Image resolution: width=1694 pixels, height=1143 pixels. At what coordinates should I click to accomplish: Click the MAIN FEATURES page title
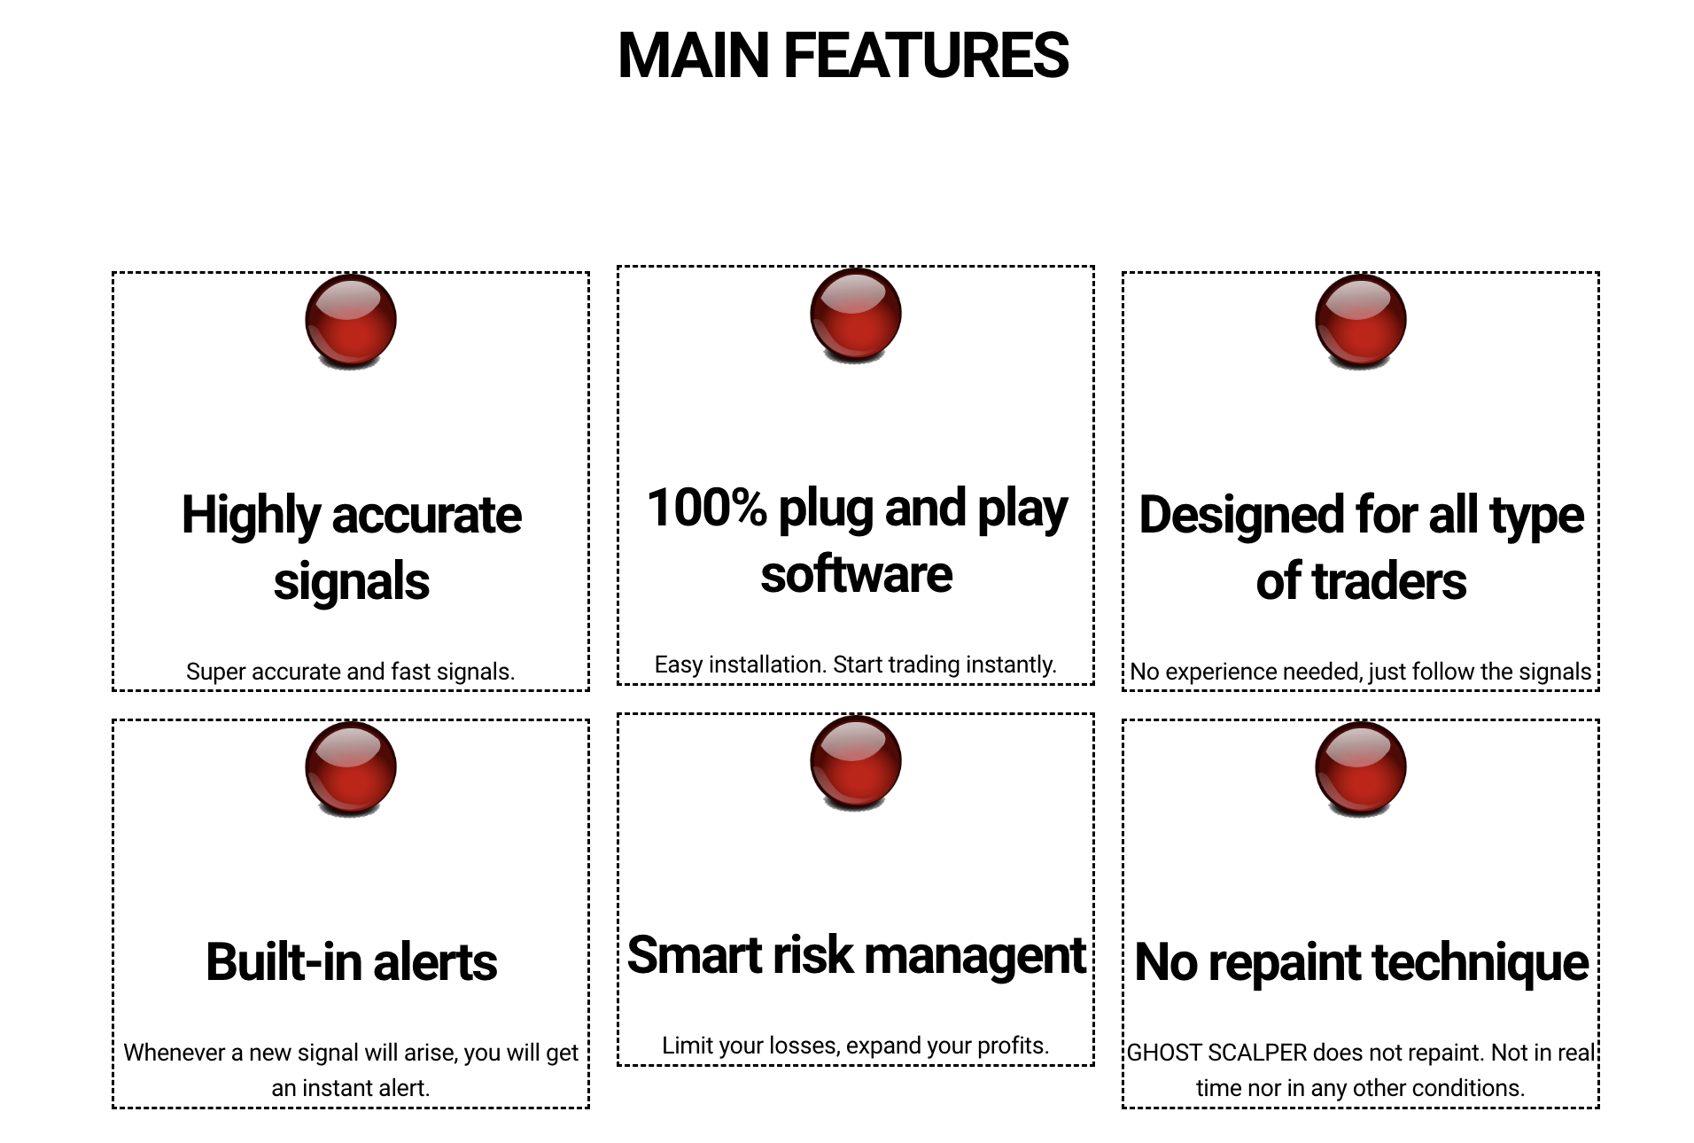coord(843,55)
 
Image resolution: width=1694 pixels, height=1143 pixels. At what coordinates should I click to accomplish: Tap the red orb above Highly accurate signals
coord(351,321)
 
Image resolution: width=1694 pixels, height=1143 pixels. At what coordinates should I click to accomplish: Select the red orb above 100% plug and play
coord(856,315)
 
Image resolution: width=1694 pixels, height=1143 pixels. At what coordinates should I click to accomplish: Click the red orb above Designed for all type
coord(1361,321)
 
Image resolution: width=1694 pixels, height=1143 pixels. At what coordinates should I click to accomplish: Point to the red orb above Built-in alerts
coord(351,768)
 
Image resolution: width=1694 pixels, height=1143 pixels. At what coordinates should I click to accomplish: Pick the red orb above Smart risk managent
coord(856,762)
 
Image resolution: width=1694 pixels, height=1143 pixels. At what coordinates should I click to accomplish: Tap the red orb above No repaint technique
coord(1361,768)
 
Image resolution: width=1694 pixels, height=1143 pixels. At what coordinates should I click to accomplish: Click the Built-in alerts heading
coord(352,962)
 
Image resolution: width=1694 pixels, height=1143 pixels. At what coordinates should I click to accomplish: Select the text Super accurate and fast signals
coord(351,672)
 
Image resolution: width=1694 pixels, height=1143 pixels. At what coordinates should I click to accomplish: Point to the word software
coord(857,574)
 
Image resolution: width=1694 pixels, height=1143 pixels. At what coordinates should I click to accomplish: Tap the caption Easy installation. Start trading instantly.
coord(856,665)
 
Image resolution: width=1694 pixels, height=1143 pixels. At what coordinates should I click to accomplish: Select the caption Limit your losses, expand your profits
coord(856,1046)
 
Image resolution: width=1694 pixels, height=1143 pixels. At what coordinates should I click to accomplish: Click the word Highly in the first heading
coord(251,517)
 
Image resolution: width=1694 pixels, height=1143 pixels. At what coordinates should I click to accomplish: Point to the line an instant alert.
coord(351,1088)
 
